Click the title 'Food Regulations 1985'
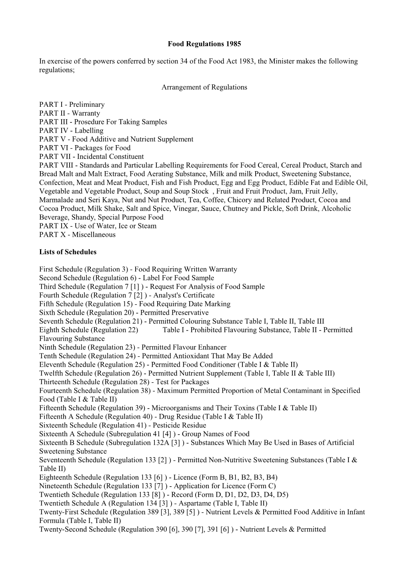[x=204, y=44]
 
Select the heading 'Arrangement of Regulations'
[x=204, y=87]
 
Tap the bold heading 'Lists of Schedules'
[x=68, y=252]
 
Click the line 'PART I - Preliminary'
[x=72, y=104]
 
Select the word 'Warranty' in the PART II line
[x=86, y=113]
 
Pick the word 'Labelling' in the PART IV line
[x=88, y=130]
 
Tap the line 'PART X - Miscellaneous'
[x=77, y=235]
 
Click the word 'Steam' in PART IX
[x=147, y=226]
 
